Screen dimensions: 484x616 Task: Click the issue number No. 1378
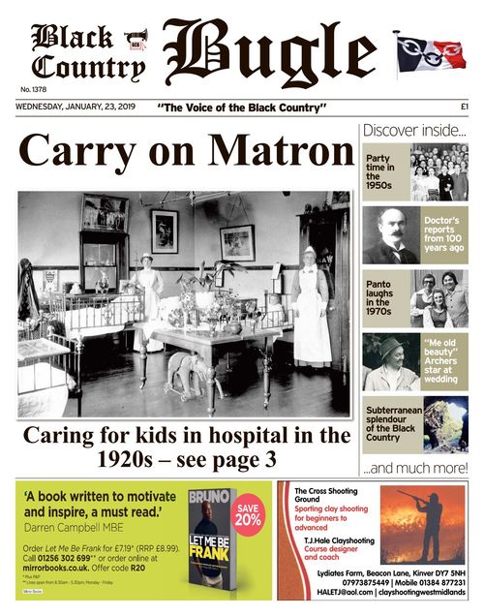32,89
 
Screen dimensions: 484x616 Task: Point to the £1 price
464,106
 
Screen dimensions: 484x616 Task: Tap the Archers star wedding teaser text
444,357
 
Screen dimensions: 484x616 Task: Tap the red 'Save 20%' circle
248,512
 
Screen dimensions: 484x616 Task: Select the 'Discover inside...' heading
413,130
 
